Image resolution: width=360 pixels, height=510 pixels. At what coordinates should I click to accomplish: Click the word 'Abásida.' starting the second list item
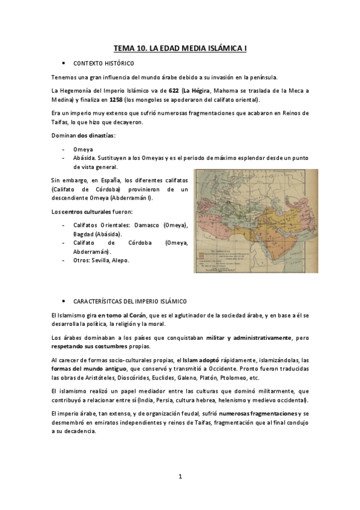click(88, 157)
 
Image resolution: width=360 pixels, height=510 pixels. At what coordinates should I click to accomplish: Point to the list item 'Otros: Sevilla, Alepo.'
click(100, 260)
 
